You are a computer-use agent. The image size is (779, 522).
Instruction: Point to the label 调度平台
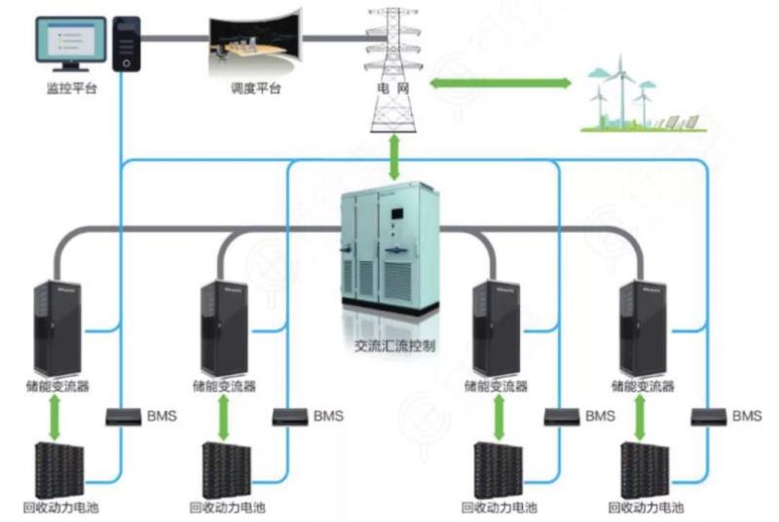tap(255, 89)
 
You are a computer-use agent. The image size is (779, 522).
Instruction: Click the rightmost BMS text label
tap(747, 416)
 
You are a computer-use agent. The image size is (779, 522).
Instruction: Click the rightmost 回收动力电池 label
tap(646, 508)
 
